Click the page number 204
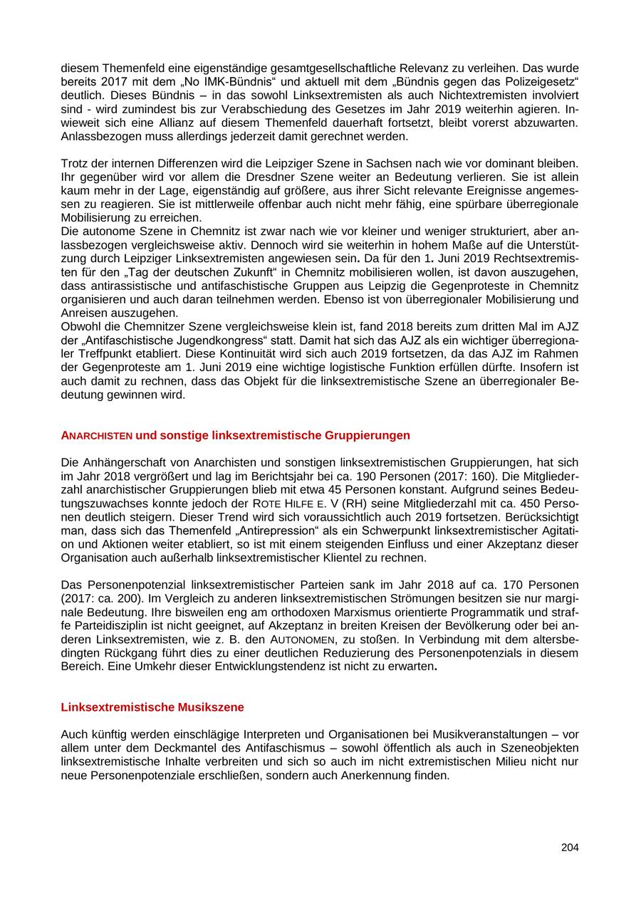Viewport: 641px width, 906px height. click(570, 848)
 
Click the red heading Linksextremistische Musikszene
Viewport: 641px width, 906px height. click(152, 707)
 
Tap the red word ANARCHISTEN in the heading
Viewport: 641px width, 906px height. click(97, 435)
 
